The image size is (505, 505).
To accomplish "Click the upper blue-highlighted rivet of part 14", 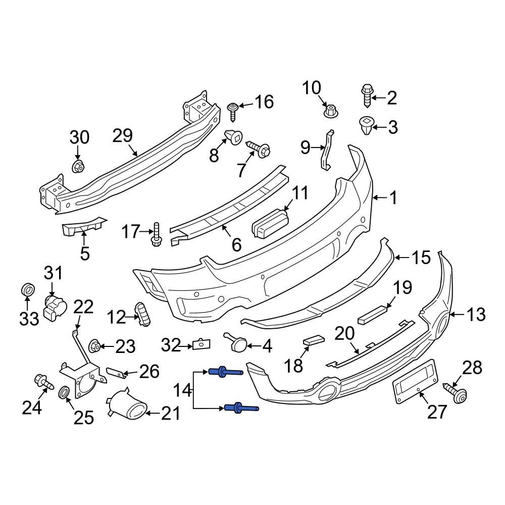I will [225, 372].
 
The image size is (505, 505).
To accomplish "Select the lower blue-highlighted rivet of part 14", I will [240, 408].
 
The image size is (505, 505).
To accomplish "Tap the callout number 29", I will [122, 135].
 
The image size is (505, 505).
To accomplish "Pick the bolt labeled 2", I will [367, 96].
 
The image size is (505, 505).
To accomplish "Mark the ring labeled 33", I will [28, 290].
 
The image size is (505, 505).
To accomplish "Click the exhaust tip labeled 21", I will [126, 406].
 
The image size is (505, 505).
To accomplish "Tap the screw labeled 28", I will [457, 392].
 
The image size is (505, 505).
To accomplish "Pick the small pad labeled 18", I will [313, 341].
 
